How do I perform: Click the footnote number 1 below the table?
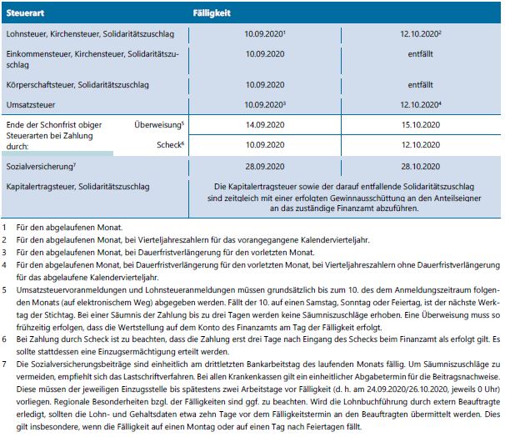click(x=4, y=226)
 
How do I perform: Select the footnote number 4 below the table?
click(x=4, y=264)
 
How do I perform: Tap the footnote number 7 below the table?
click(x=4, y=365)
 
